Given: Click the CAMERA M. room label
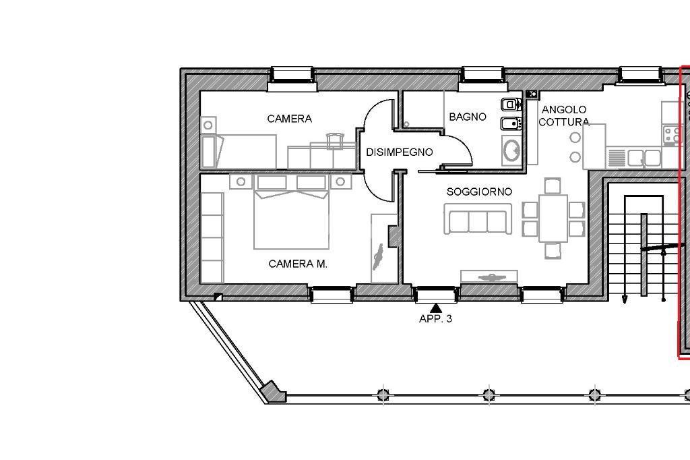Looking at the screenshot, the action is pyautogui.click(x=298, y=264).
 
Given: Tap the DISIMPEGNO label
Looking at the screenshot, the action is pyautogui.click(x=400, y=152).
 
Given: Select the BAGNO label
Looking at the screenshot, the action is pyautogui.click(x=468, y=117).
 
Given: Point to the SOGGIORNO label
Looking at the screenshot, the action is pyautogui.click(x=479, y=192).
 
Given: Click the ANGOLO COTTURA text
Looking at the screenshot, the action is pyautogui.click(x=564, y=115).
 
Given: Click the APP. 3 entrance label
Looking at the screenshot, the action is pyautogui.click(x=436, y=318).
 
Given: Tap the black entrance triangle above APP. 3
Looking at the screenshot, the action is pyautogui.click(x=436, y=308).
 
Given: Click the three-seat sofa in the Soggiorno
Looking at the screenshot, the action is pyautogui.click(x=478, y=219).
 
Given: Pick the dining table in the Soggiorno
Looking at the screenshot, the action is pyautogui.click(x=553, y=218).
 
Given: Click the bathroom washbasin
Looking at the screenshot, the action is pyautogui.click(x=511, y=150).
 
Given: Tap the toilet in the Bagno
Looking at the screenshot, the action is pyautogui.click(x=511, y=105).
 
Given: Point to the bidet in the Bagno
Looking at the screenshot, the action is pyautogui.click(x=511, y=123).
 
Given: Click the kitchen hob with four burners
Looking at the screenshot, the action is pyautogui.click(x=672, y=135).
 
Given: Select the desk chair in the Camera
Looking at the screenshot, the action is pyautogui.click(x=336, y=140).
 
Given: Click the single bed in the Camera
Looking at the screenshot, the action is pyautogui.click(x=239, y=152).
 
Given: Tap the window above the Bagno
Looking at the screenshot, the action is pyautogui.click(x=482, y=80).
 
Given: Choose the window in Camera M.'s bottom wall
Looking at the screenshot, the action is pyautogui.click(x=332, y=294).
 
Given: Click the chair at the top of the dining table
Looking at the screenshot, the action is pyautogui.click(x=553, y=185).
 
